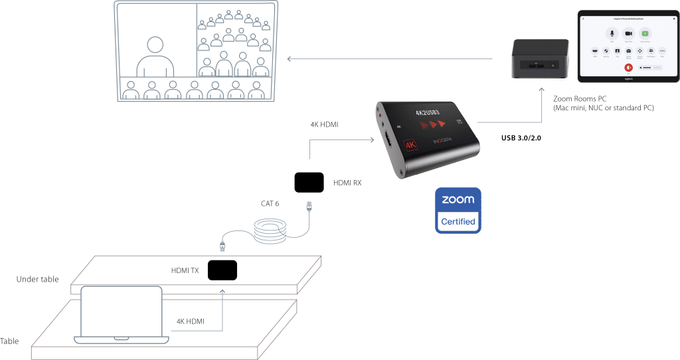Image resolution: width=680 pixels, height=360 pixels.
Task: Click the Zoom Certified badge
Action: pyautogui.click(x=458, y=210)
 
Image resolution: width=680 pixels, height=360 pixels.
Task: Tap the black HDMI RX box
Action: pyautogui.click(x=309, y=182)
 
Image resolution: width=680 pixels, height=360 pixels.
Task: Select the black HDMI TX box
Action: pyautogui.click(x=222, y=270)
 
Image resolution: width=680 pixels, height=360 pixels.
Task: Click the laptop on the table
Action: pyautogui.click(x=121, y=315)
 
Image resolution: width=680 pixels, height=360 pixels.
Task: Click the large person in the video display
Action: pyautogui.click(x=155, y=56)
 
